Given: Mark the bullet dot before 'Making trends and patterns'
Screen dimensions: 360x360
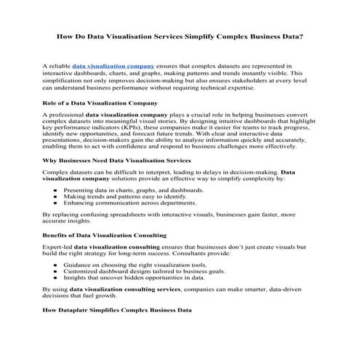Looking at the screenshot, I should pos(57,197).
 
